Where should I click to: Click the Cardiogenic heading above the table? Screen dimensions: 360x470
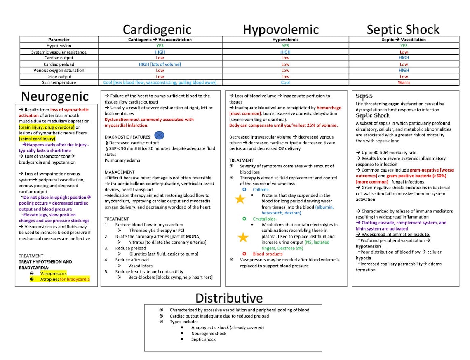(157, 29)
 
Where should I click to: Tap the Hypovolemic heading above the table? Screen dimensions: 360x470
(280, 29)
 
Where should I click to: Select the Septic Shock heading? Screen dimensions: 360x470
(403, 29)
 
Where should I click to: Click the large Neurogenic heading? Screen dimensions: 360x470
(55, 96)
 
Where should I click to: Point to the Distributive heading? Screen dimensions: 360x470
(229, 298)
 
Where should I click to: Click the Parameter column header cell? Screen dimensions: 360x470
(59, 40)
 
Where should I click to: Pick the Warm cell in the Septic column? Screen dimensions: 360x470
(404, 82)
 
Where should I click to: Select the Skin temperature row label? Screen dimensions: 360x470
(59, 82)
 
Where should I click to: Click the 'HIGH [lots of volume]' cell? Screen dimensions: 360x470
(160, 64)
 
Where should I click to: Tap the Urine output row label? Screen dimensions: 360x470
(59, 77)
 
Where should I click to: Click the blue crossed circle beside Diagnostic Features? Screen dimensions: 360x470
(159, 135)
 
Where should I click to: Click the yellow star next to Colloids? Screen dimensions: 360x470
(240, 199)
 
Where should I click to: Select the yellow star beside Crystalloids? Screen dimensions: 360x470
(243, 237)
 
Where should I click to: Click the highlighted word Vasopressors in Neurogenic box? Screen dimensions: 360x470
(53, 273)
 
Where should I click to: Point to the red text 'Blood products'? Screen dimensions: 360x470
(268, 254)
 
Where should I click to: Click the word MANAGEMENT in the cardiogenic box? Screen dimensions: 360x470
(120, 172)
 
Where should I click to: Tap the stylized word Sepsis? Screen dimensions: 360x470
(364, 96)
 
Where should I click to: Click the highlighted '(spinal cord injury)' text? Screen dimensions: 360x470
(37, 139)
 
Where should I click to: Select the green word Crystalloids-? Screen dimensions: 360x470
(265, 219)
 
